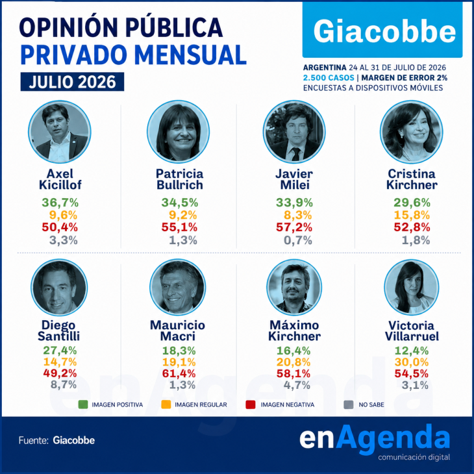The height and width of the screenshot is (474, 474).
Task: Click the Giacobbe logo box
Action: [382, 30]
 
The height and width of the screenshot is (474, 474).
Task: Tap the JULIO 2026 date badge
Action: [72, 82]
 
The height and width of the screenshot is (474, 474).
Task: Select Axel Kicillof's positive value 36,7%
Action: [60, 203]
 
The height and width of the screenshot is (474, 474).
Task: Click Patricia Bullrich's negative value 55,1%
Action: [179, 227]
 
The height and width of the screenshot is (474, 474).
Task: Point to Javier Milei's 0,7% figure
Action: [298, 240]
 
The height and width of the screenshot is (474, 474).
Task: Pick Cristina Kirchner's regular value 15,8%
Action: [412, 215]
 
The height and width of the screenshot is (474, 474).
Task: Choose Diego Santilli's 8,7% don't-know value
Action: [64, 385]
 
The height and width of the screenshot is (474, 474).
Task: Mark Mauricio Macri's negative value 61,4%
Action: [179, 373]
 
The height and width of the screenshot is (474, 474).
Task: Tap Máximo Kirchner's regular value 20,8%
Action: [293, 362]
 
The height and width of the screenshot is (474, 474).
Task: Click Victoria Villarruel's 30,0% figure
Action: [412, 362]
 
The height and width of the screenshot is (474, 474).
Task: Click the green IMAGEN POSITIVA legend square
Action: [83, 405]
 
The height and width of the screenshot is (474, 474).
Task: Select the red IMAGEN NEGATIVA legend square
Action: [251, 405]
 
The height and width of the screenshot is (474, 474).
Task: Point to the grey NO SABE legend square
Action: [349, 405]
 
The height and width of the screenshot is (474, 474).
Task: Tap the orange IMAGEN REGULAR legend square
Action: [166, 405]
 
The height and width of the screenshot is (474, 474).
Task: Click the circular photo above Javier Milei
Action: [294, 132]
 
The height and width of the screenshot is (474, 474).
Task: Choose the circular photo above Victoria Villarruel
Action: [412, 287]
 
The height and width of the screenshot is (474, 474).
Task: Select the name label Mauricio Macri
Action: [178, 331]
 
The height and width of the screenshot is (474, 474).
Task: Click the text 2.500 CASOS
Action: [329, 78]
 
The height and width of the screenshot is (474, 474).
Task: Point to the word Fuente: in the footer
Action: [34, 440]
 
